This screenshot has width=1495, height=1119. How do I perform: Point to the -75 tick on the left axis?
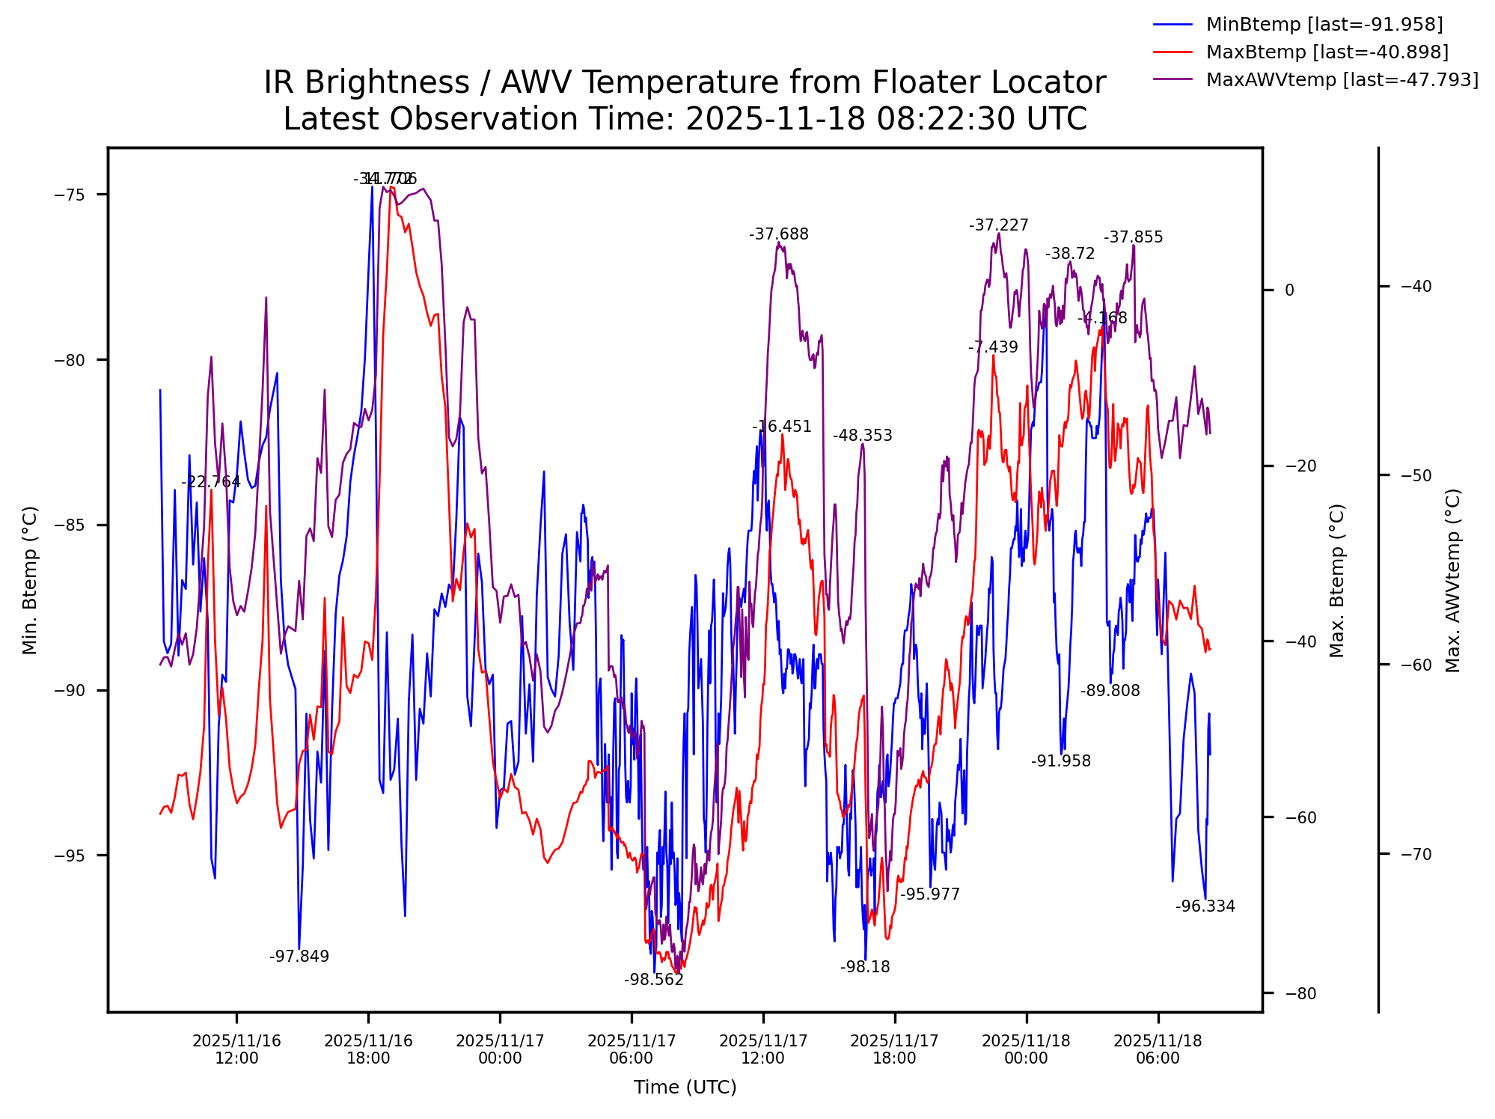click(69, 195)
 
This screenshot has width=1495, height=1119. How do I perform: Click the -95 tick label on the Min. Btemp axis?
click(69, 856)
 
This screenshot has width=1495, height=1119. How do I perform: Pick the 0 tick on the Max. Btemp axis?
click(1289, 290)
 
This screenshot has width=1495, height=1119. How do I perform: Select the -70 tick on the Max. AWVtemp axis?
click(1415, 855)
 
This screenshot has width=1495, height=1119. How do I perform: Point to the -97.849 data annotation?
click(299, 957)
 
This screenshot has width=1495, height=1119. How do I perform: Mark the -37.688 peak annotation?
click(779, 235)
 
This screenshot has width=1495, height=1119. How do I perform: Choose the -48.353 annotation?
click(863, 436)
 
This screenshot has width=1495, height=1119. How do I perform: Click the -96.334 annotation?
click(1205, 907)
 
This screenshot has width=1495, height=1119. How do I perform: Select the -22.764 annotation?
click(211, 482)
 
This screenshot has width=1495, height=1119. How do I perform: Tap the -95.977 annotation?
click(929, 894)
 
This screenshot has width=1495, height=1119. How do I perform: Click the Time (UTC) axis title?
click(685, 1088)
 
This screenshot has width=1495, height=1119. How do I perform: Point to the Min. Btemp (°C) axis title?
click(30, 580)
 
